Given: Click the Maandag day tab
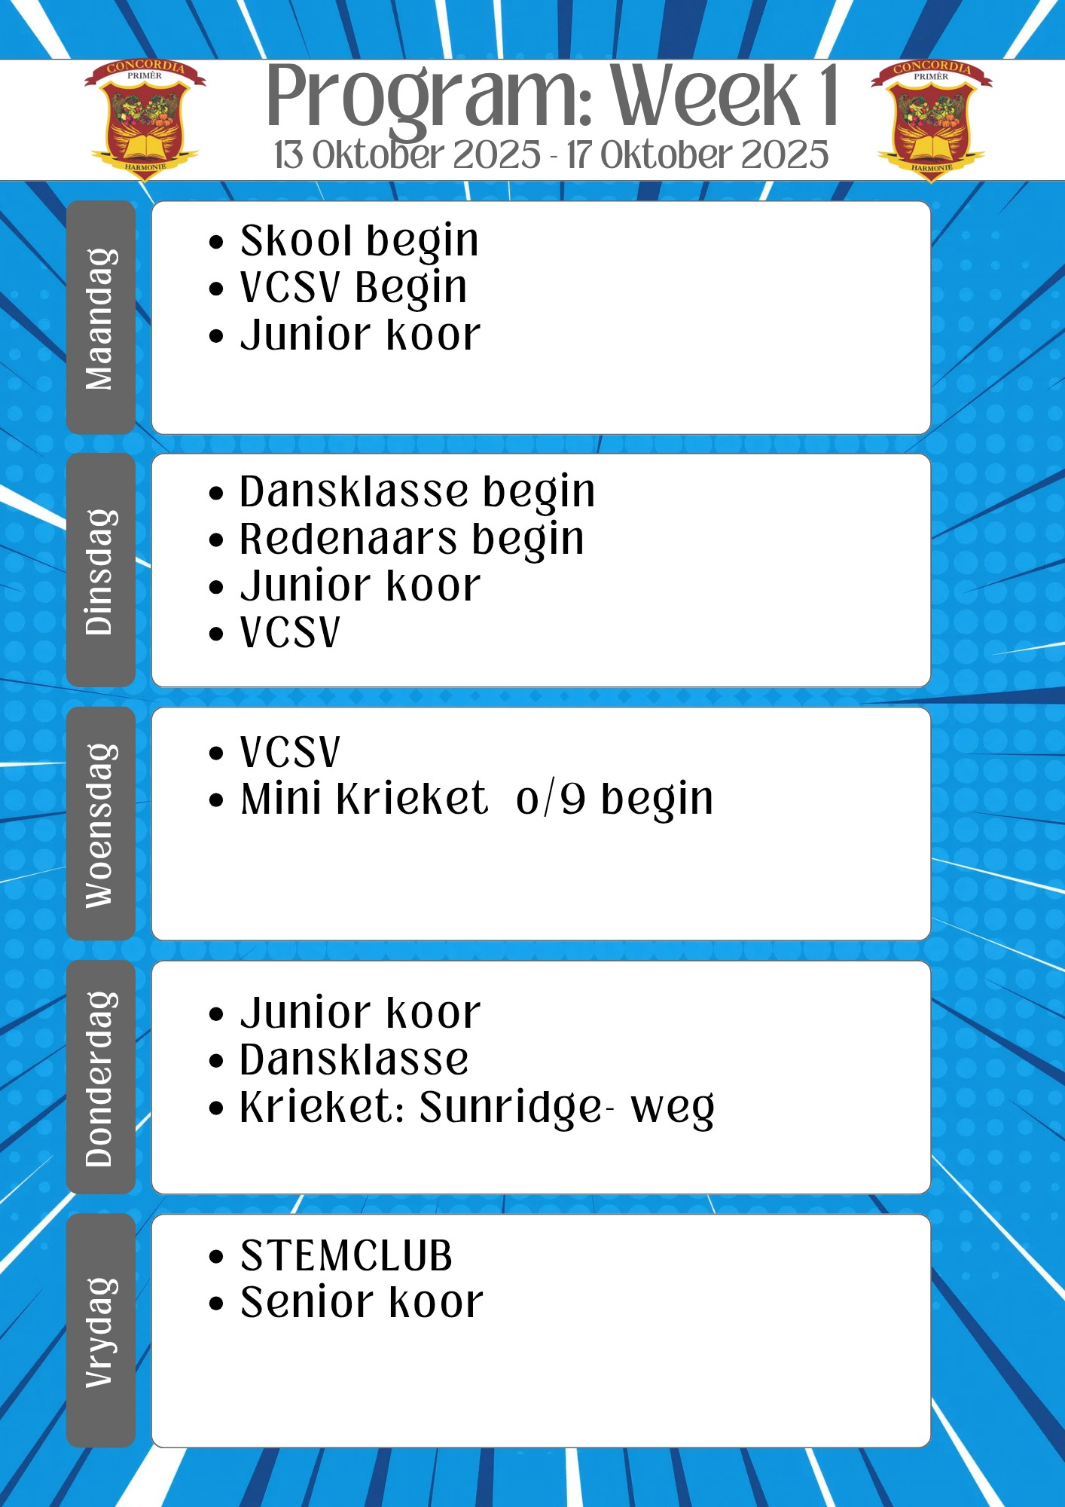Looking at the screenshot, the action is coord(101,317).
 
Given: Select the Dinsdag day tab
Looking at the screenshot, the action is coord(101,570).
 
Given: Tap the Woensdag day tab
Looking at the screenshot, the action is coord(101,824).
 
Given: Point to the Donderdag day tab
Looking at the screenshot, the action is coord(101,1078).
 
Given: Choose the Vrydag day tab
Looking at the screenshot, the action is coord(101,1331).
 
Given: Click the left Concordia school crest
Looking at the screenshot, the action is coord(145,120).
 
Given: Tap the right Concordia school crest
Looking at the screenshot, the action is coord(932,120).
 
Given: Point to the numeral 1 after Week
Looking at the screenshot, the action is coord(829,95).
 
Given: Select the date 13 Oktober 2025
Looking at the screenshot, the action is coord(407,155).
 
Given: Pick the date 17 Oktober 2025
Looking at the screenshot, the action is coord(697,155).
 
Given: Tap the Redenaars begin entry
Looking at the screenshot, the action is coord(412,540).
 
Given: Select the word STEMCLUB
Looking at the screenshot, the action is coord(346,1256).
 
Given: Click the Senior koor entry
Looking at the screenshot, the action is coord(362,1303).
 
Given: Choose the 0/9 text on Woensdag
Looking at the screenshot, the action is coord(551,799).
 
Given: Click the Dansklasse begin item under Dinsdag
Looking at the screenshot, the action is coord(417,493).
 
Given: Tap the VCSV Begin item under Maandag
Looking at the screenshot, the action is coord(353,289).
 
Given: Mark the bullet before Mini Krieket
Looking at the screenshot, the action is coord(217,801).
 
